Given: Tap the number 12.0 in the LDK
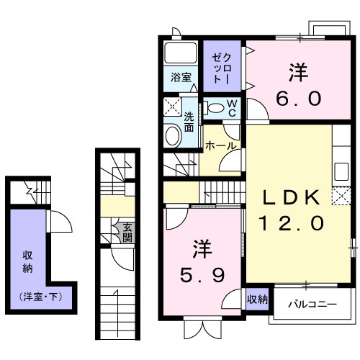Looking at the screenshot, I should [288, 223].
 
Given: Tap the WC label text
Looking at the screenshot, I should [233, 107].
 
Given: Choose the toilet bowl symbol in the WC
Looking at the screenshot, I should [215, 108].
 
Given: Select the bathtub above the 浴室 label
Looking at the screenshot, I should [181, 53].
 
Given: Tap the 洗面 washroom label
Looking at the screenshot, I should [189, 122].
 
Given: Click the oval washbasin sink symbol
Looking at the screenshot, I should [173, 135].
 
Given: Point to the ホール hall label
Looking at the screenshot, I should [220, 146].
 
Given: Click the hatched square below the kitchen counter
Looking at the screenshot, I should [338, 194].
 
